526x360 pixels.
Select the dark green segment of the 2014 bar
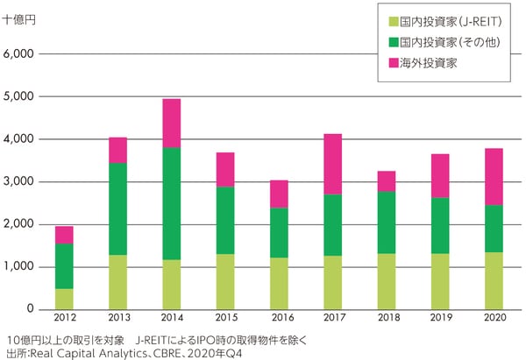pos(172,203)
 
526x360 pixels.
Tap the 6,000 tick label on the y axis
pos(18,54)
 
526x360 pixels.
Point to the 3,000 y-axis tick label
pos(18,182)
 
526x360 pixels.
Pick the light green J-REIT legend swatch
pos(392,19)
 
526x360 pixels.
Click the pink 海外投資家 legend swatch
pos(392,63)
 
